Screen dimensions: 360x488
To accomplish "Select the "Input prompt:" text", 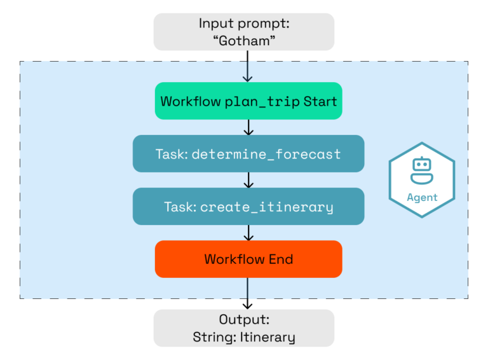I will [x=243, y=24].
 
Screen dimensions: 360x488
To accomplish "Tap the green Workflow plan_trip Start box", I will [x=248, y=101].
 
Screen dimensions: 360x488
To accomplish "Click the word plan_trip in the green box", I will [x=262, y=102].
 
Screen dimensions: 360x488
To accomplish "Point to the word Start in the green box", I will [x=320, y=101].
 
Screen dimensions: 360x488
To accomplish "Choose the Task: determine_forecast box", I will [x=248, y=154].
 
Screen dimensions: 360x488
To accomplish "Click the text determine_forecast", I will [x=266, y=154].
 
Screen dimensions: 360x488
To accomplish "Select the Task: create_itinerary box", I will [x=248, y=207].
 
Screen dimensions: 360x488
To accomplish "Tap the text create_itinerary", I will [x=266, y=207].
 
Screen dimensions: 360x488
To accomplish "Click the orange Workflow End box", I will [x=248, y=259].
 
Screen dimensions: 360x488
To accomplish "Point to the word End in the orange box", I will [x=281, y=259].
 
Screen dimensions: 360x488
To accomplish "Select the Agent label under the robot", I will [x=422, y=197].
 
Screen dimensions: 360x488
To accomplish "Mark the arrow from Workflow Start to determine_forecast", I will [x=248, y=127].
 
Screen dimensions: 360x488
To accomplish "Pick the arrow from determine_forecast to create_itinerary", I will [x=248, y=180].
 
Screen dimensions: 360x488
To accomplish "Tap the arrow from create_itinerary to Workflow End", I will [x=248, y=233].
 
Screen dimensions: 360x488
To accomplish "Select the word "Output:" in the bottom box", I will [x=243, y=320].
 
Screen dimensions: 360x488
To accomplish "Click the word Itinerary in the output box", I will [x=268, y=337].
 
